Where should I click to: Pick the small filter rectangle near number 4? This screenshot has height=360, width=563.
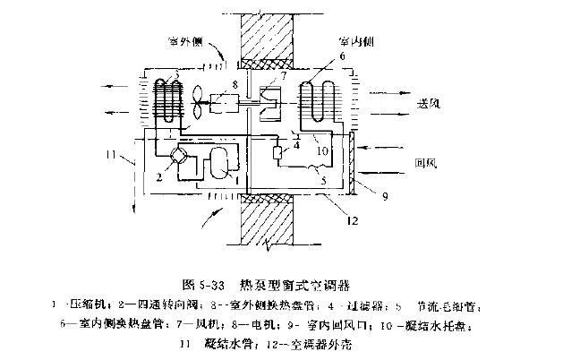click(278, 154)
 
